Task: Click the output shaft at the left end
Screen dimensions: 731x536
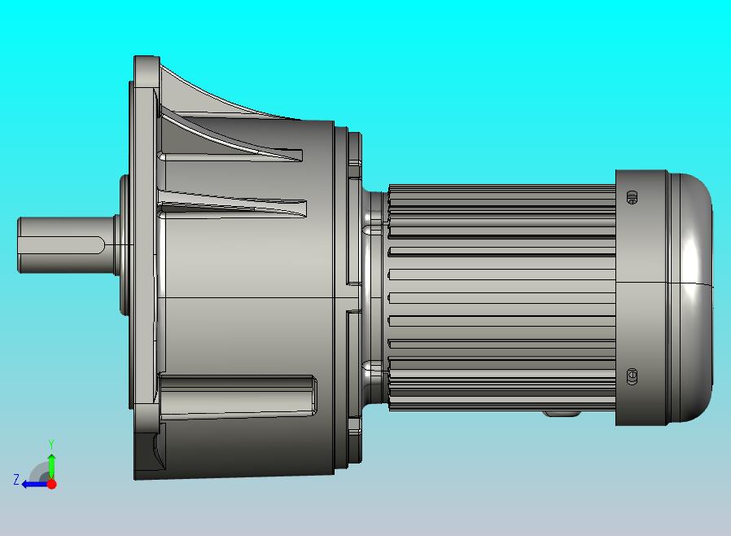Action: tap(65, 245)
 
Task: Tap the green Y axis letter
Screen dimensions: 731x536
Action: tap(51, 444)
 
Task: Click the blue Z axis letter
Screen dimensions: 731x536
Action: tap(16, 479)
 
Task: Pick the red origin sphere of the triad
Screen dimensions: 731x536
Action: tap(52, 484)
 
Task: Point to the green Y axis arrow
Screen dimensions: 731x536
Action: tap(51, 467)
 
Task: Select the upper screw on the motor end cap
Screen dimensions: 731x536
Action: tap(632, 197)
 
